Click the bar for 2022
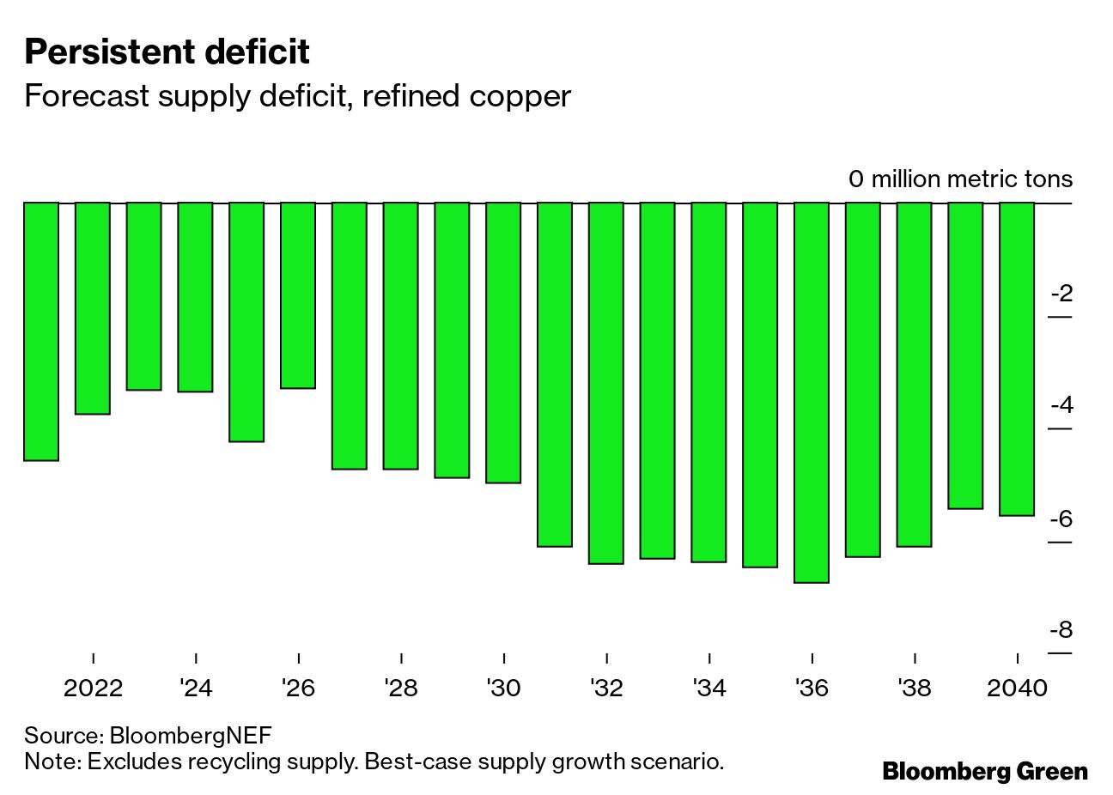93,308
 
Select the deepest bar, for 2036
812,392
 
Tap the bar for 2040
1017,359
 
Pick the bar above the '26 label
298,295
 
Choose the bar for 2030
503,343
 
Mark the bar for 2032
606,383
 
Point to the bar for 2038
915,374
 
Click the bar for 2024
196,297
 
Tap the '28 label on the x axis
401,689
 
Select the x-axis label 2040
1017,689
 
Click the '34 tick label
709,689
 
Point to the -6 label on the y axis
1061,519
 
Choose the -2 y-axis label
1061,294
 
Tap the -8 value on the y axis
1061,631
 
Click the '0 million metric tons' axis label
960,179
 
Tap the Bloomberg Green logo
984,771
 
